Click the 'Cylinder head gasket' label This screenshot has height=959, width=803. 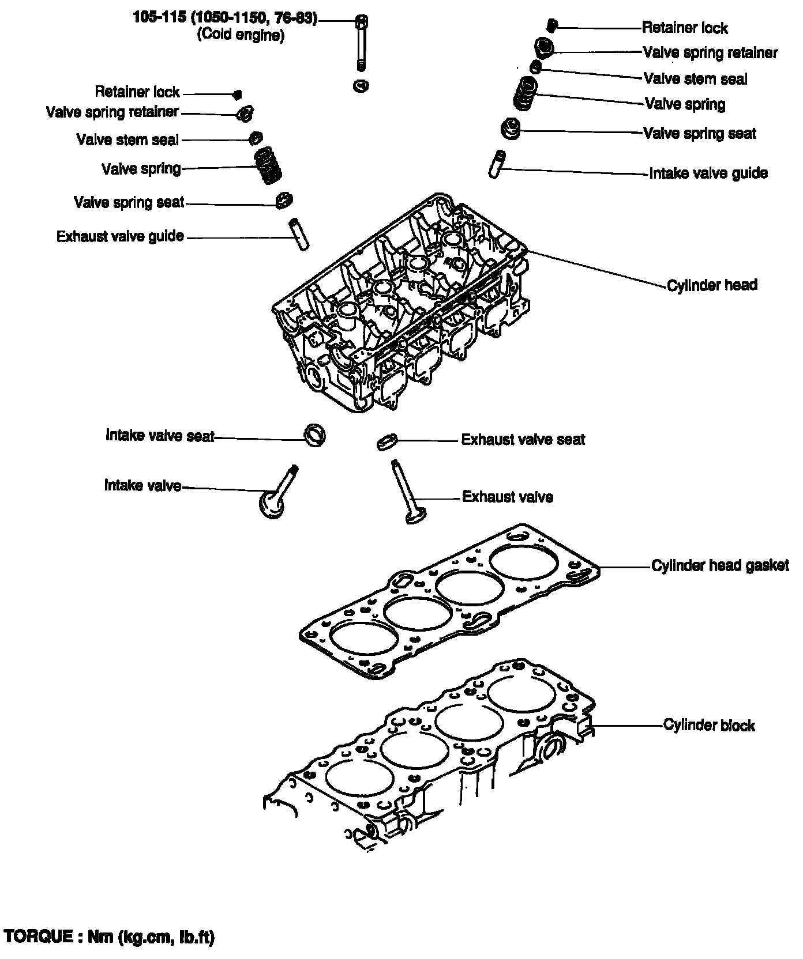720,565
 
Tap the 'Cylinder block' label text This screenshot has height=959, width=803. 709,725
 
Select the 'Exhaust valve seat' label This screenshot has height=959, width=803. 523,440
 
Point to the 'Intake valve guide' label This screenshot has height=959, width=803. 708,173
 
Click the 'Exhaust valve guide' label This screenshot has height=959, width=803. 120,236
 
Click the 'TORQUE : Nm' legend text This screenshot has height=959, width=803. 109,937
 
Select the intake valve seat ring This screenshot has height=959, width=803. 315,434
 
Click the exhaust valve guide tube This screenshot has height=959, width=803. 299,233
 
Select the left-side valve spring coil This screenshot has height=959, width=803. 268,165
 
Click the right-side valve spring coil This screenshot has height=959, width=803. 526,94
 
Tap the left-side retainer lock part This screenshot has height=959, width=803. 237,94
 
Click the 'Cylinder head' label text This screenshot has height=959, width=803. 712,285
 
